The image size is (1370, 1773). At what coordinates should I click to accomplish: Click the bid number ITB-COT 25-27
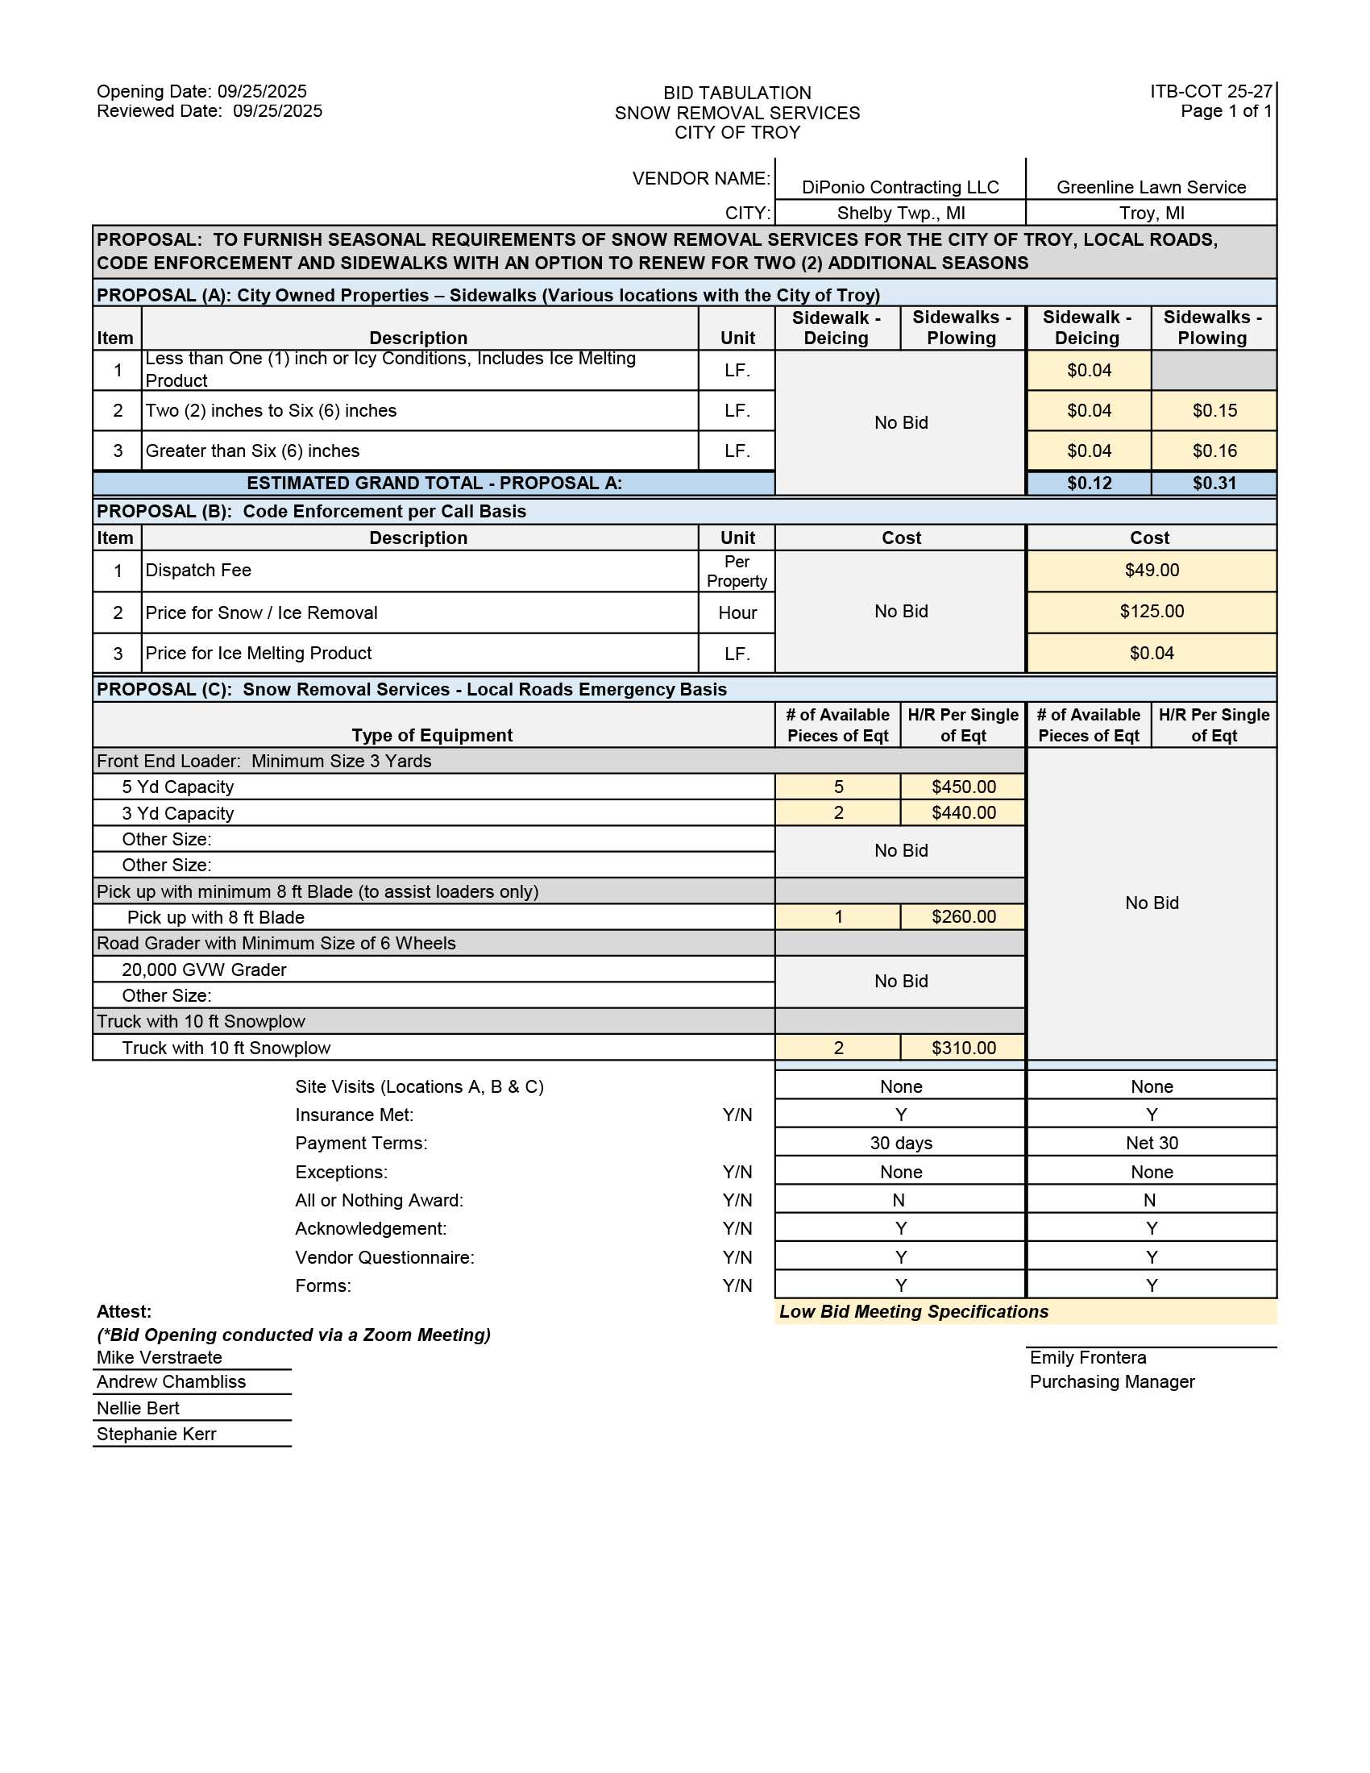[x=1210, y=91]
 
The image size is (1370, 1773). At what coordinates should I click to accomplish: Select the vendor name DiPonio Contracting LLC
[x=900, y=187]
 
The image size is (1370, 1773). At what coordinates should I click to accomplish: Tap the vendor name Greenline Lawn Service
[x=1151, y=187]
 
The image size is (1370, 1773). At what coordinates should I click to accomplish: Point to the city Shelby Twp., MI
[x=901, y=213]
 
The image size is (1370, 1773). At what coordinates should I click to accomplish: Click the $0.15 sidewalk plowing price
[x=1214, y=411]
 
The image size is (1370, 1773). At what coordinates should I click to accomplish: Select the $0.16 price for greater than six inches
[x=1214, y=451]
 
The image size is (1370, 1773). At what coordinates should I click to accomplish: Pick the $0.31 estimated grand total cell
[x=1214, y=483]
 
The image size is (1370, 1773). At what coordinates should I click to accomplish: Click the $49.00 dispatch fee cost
[x=1152, y=570]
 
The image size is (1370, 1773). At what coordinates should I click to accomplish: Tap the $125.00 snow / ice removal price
[x=1152, y=612]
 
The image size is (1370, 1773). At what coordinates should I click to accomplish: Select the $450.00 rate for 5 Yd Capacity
[x=963, y=787]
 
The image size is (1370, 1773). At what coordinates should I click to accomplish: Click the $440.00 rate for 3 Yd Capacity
[x=963, y=812]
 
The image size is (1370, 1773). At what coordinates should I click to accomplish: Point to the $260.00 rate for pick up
[x=963, y=916]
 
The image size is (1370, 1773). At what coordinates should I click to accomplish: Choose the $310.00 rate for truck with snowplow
[x=963, y=1048]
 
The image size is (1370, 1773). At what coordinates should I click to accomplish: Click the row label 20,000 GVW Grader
[x=204, y=970]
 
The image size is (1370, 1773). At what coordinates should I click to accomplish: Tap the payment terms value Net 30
[x=1152, y=1143]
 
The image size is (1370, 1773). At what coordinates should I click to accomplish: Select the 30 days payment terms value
[x=901, y=1143]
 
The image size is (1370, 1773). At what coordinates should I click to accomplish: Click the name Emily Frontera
[x=1088, y=1357]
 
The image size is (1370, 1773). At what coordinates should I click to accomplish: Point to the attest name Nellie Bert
[x=138, y=1409]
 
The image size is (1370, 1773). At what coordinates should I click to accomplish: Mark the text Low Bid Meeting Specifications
[x=914, y=1312]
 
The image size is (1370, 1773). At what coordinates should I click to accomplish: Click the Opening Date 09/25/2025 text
[x=201, y=91]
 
